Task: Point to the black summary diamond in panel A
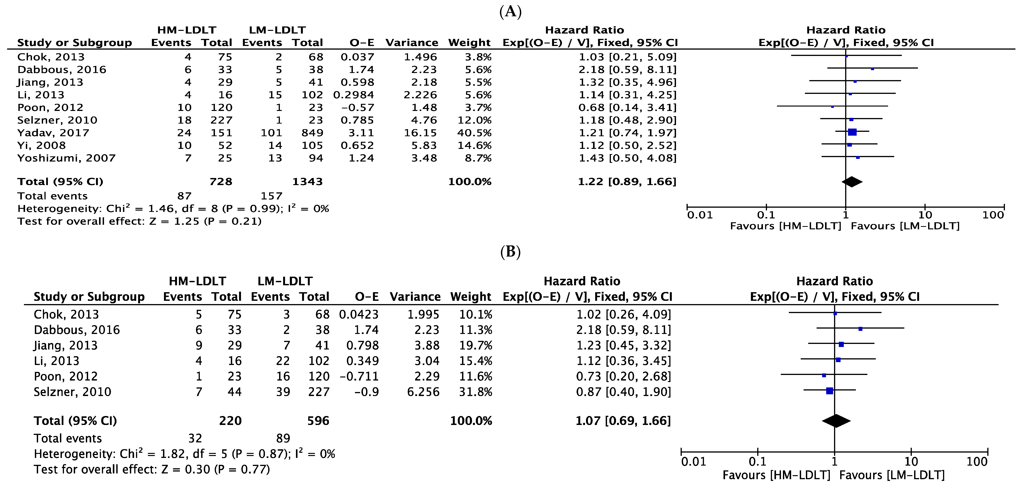852,182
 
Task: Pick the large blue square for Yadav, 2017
852,132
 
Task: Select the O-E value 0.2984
354,95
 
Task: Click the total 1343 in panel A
308,182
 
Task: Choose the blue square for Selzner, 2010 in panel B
829,391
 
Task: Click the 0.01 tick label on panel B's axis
694,461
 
